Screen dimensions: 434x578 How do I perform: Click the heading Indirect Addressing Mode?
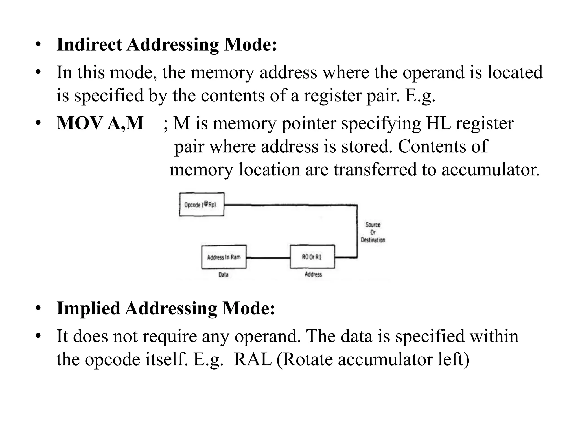[167, 45]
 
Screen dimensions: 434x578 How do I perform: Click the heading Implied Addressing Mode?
[166, 308]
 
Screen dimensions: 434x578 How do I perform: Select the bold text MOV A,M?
[100, 123]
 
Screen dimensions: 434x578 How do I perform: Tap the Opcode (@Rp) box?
[202, 205]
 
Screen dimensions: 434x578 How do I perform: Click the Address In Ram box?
[224, 257]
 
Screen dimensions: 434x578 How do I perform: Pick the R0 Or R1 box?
[312, 257]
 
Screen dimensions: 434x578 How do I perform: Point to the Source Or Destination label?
[373, 232]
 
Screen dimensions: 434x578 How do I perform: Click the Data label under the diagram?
[223, 274]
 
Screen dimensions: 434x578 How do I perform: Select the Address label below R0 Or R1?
[313, 274]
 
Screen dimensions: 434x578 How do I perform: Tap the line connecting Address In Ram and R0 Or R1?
[268, 257]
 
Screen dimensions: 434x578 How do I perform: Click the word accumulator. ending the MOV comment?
[490, 170]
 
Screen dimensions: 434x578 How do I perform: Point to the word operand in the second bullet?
[433, 72]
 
